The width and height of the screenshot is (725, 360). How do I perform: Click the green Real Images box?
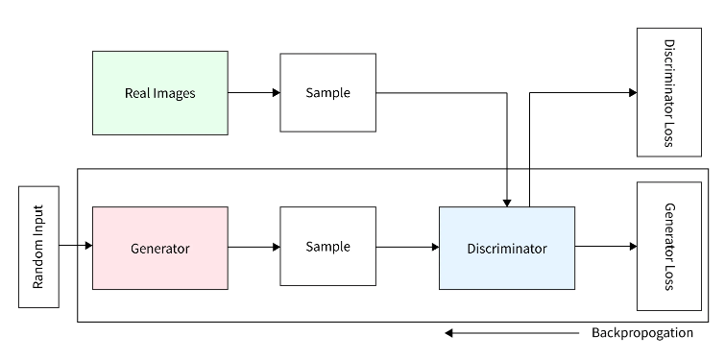coord(160,93)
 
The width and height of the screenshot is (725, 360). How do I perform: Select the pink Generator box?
coord(160,248)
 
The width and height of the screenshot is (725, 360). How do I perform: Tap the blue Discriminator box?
coord(507,248)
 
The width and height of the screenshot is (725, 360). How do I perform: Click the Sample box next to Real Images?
coord(327,93)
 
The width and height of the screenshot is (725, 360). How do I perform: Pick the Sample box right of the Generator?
coord(327,247)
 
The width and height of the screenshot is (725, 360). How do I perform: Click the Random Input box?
coord(38,247)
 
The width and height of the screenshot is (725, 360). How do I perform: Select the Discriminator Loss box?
coord(669,93)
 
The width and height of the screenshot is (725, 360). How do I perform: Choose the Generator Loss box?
coord(669,247)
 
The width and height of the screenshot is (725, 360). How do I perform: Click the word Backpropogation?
coord(641,334)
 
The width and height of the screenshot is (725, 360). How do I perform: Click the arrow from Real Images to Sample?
coord(254,93)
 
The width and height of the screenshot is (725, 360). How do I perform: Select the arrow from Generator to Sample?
coord(254,247)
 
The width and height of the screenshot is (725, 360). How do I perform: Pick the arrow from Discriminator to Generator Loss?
coord(605,247)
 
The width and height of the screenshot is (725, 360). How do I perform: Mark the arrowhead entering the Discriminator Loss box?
coord(632,93)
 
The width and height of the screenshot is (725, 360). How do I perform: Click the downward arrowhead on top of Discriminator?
coord(507,202)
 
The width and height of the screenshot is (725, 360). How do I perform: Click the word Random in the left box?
coord(38,269)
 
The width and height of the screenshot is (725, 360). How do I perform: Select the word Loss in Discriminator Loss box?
coord(669,134)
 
